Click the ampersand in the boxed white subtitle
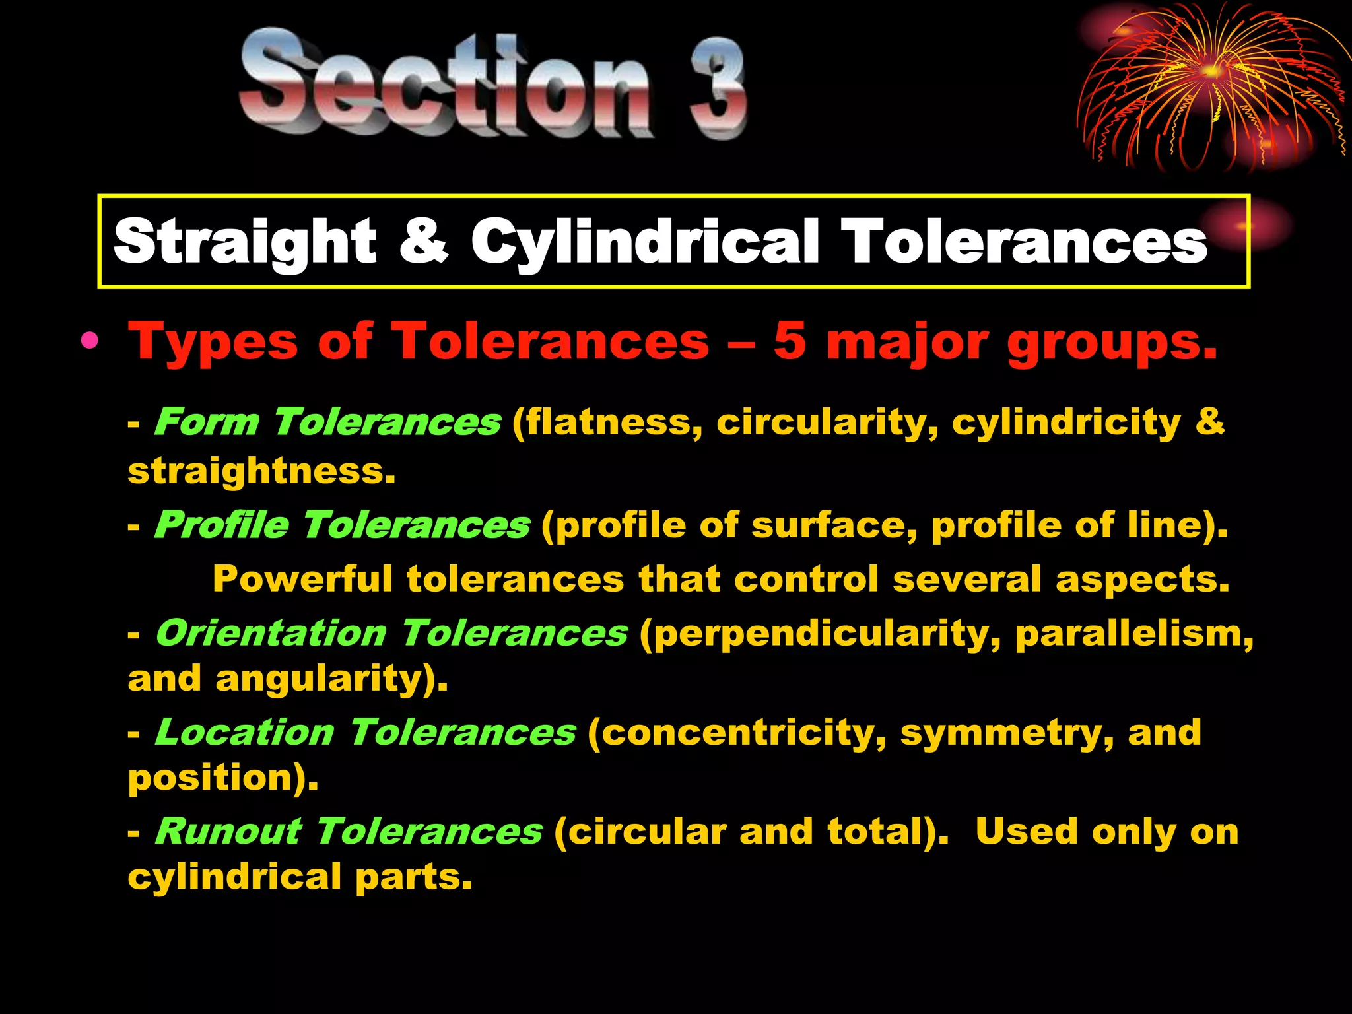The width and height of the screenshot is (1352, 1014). (423, 241)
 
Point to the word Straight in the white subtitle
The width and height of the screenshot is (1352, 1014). (245, 243)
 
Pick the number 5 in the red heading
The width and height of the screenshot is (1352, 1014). (790, 341)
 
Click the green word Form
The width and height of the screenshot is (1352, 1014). (207, 422)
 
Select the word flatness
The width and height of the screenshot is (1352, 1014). (607, 422)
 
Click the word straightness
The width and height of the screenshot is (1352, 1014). (261, 471)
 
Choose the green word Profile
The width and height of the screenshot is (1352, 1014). (222, 525)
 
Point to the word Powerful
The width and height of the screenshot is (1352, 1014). (302, 579)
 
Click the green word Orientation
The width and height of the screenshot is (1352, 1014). (271, 634)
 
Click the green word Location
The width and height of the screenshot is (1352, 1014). (245, 733)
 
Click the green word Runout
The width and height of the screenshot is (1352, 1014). (228, 832)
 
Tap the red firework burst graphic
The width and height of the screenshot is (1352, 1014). (1208, 86)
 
